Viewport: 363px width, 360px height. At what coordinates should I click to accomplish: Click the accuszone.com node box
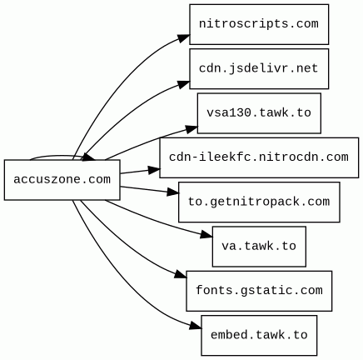click(62, 180)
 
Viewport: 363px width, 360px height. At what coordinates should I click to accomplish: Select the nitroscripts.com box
click(259, 24)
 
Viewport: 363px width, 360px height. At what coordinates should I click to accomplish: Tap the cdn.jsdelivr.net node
click(259, 68)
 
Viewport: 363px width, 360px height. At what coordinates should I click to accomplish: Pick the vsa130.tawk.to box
click(259, 113)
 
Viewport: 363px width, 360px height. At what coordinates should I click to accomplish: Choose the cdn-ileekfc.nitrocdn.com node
click(259, 157)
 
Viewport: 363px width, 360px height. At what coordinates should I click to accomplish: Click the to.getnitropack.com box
click(259, 202)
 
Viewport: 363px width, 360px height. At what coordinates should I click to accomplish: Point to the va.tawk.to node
click(259, 247)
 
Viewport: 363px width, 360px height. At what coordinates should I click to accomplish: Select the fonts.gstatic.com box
click(259, 291)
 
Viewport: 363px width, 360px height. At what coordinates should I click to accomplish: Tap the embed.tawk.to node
click(259, 335)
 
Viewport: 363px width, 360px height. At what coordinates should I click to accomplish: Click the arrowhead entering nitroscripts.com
click(184, 38)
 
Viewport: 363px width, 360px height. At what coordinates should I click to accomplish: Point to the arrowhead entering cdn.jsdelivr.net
click(184, 84)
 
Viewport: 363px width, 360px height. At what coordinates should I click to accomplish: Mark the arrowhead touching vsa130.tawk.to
click(191, 129)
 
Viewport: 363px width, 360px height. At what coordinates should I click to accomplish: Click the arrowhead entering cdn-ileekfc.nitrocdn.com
click(154, 170)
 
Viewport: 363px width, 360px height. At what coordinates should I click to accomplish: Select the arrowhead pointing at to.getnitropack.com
click(173, 192)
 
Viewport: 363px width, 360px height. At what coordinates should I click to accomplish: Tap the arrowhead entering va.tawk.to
click(206, 235)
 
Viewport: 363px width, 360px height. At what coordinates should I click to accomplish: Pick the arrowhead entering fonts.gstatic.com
click(181, 274)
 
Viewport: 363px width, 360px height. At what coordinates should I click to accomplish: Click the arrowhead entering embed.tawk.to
click(196, 326)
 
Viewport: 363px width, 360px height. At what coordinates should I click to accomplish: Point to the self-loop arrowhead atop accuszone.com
click(89, 157)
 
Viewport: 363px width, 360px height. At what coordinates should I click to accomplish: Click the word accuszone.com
click(62, 180)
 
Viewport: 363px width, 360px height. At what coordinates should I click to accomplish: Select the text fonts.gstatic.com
click(259, 291)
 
